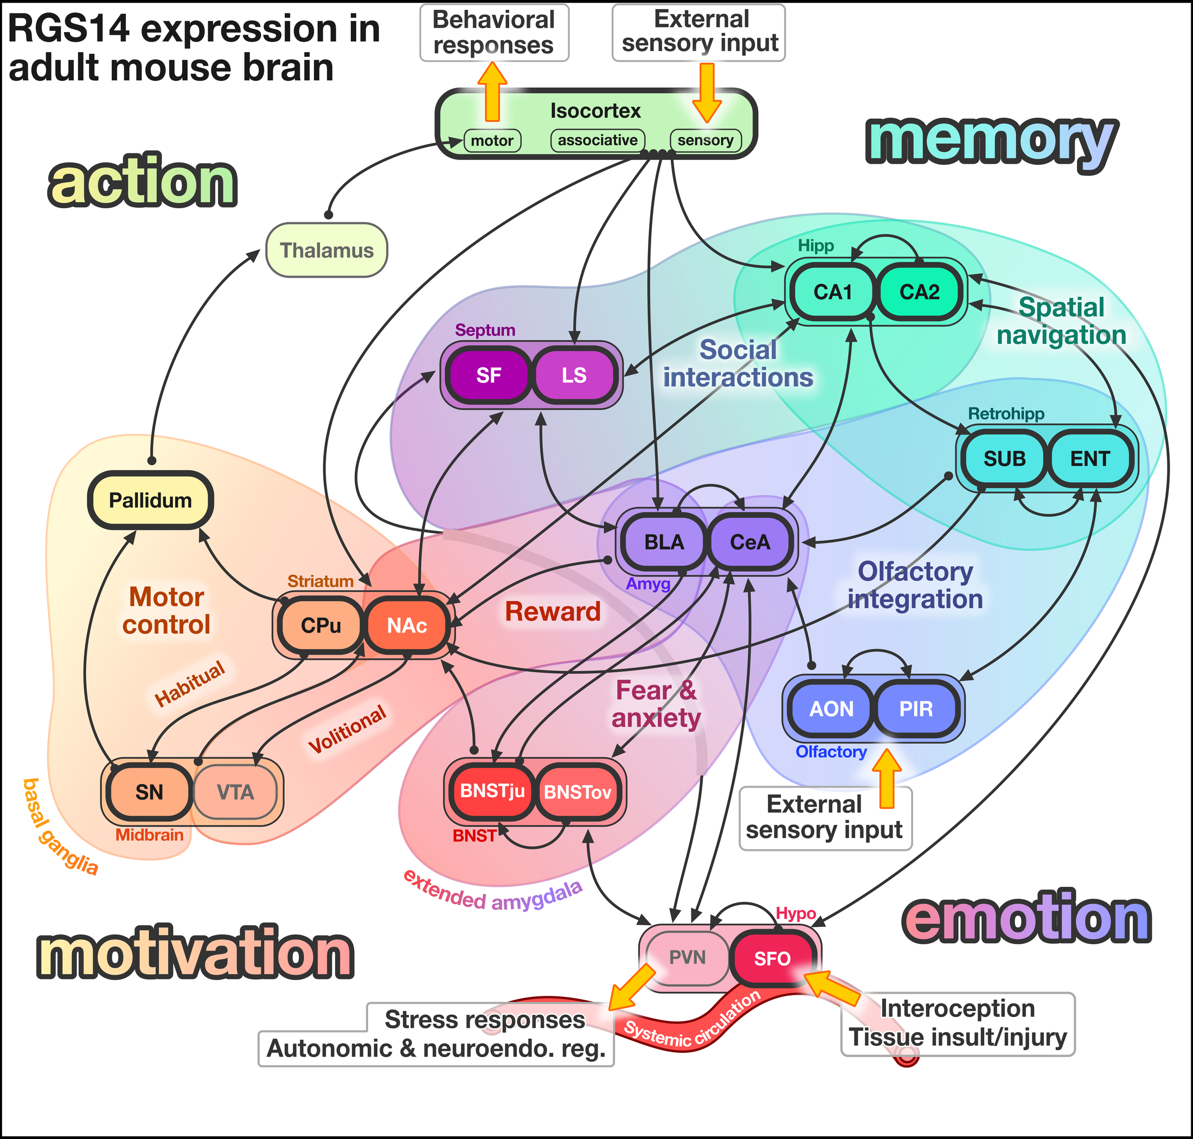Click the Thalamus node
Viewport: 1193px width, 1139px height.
[x=326, y=250]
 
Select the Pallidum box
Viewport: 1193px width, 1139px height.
[x=151, y=500]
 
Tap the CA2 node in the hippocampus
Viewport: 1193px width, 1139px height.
[x=919, y=292]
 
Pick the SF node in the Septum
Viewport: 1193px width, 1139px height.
[x=488, y=375]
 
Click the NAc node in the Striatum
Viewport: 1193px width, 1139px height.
[x=407, y=625]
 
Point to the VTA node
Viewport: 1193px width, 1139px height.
[x=235, y=792]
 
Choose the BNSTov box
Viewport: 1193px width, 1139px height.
[x=578, y=792]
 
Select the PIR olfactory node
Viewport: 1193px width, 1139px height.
[x=915, y=708]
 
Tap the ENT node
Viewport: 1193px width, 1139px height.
[x=1090, y=458]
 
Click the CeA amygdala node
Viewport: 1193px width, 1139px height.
[x=750, y=542]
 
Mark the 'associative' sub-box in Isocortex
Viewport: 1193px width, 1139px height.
[x=598, y=141]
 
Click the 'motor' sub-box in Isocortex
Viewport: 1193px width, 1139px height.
[x=492, y=142]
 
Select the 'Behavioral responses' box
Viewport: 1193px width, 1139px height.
[x=493, y=33]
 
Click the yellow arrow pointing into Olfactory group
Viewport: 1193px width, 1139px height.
[x=887, y=777]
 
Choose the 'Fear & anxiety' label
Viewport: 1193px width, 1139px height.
[x=656, y=705]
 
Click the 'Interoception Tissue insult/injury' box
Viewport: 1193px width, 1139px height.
[x=958, y=1023]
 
